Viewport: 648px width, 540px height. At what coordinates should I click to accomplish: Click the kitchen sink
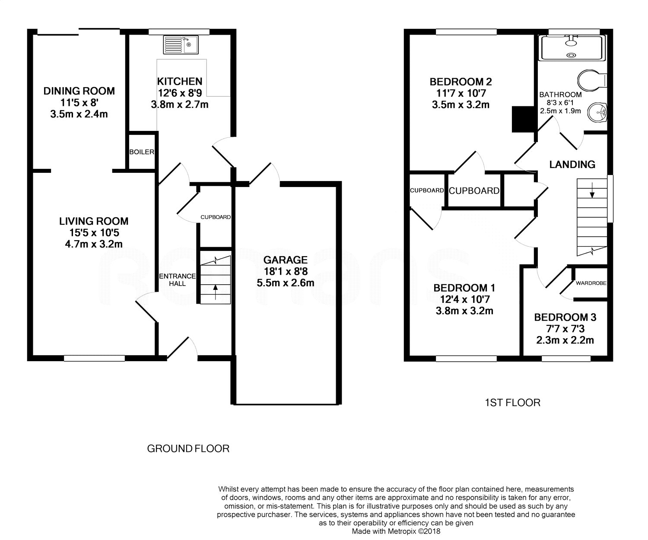[181, 44]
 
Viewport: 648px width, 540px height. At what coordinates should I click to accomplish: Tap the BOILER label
[142, 152]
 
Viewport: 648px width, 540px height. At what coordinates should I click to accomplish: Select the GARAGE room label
[285, 260]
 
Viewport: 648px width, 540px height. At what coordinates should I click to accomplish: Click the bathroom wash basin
[597, 112]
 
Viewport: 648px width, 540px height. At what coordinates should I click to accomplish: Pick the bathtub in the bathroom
[572, 48]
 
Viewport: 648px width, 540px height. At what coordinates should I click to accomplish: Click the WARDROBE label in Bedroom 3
[591, 283]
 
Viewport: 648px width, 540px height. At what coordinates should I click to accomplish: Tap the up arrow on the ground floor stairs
[216, 292]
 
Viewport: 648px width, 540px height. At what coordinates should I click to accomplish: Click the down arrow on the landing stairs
[592, 190]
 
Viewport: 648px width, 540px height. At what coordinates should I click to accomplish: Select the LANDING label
[572, 164]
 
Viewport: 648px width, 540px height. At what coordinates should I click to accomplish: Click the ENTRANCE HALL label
[177, 280]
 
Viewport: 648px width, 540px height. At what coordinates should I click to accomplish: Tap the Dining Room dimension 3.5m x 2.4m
[79, 114]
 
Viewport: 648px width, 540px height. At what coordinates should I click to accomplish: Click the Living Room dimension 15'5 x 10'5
[94, 232]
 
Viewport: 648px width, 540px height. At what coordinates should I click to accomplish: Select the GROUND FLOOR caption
[188, 448]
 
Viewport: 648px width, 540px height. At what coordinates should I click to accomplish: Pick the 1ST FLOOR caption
[513, 403]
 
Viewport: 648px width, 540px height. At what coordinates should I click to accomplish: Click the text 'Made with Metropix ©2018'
[396, 531]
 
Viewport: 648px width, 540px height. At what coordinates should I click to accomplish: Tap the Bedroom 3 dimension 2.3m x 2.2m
[565, 340]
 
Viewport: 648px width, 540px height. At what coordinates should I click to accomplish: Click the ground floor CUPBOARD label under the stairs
[216, 217]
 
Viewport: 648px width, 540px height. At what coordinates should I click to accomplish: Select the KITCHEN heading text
[179, 81]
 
